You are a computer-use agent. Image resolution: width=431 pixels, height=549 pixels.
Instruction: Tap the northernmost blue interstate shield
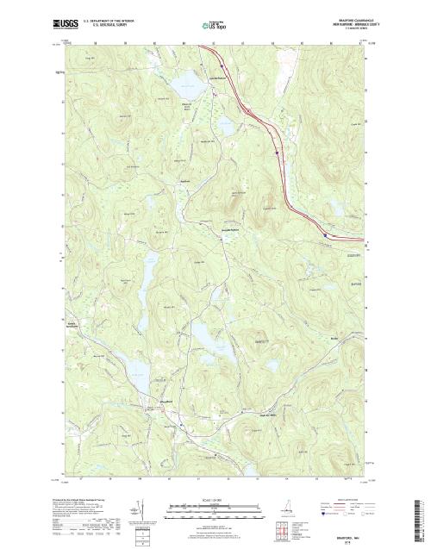pos(222,62)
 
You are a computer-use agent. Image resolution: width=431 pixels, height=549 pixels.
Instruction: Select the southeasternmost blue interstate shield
pos(324,233)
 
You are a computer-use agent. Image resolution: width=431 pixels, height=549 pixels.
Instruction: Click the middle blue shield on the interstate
pos(276,153)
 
